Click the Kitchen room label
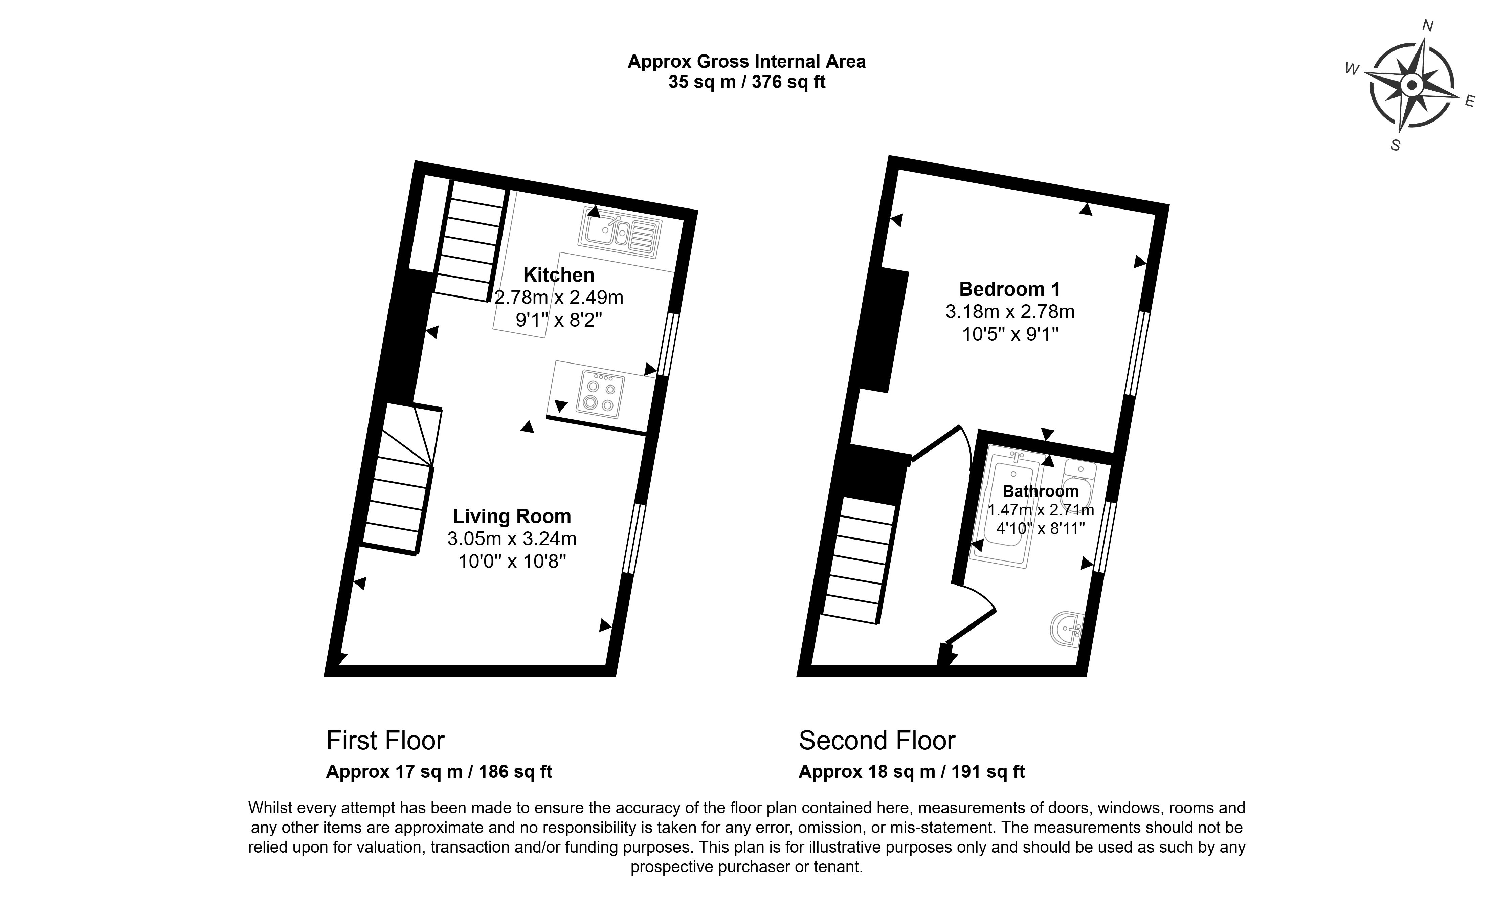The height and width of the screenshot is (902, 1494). (x=558, y=275)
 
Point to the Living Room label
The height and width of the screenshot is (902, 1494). (x=512, y=516)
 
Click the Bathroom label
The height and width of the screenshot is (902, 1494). (x=1041, y=491)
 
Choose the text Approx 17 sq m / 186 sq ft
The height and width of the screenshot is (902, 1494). (x=439, y=772)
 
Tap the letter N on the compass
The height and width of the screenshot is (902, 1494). (x=1428, y=42)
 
